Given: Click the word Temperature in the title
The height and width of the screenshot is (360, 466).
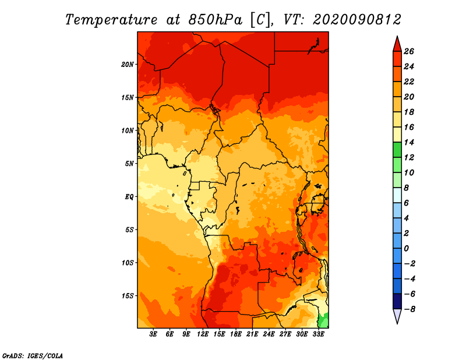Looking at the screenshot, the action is (111, 20).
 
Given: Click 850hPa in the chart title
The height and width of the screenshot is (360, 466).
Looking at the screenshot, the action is (215, 20).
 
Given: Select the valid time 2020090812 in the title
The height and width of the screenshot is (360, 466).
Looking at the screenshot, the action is (357, 20).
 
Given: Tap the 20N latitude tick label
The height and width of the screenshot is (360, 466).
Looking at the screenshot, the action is (128, 65).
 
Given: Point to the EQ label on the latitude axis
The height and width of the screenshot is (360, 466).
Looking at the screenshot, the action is (129, 197).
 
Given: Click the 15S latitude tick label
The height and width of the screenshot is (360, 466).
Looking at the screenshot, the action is (128, 296).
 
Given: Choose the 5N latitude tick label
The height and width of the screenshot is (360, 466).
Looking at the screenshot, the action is (129, 164).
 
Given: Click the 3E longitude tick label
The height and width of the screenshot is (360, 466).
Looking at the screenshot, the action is (153, 334).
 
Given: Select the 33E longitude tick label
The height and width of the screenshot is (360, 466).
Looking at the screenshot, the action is (318, 334).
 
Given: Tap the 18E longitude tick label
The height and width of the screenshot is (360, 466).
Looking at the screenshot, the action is (236, 334).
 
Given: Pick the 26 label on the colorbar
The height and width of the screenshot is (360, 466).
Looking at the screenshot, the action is (409, 51).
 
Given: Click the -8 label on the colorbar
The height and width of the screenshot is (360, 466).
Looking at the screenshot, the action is (408, 309).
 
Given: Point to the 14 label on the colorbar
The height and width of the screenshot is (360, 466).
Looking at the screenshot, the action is (409, 142).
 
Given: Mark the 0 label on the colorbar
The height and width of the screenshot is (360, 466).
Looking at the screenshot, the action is (406, 249).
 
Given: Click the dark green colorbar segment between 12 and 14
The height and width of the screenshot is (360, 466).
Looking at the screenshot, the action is (397, 150).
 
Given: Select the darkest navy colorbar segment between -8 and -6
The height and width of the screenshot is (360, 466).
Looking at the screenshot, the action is (397, 301).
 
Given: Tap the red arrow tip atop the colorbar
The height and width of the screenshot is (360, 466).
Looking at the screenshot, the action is (397, 36).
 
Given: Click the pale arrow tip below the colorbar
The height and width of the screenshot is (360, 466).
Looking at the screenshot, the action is (397, 324).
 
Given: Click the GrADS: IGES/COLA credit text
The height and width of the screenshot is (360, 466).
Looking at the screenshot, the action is (33, 356).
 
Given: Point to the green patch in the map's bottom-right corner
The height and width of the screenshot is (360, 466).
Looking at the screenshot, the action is (324, 321).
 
